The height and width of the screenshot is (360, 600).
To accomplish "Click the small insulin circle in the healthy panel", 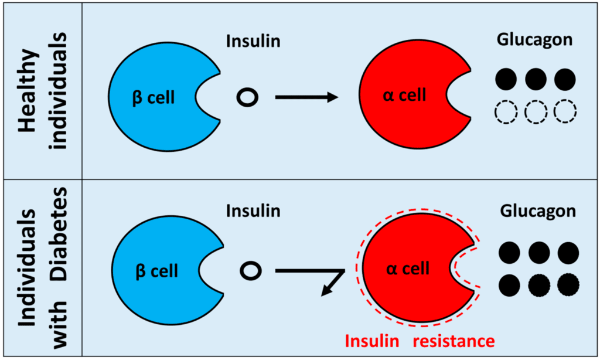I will point(247,97).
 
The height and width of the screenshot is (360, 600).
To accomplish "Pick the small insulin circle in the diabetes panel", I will point(250,271).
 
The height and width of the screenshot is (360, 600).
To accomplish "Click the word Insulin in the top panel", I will point(253,42).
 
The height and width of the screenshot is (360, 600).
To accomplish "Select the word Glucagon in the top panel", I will point(533,40).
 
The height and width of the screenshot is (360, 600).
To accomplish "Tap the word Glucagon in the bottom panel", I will point(538,210).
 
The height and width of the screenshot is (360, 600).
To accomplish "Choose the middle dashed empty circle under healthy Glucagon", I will point(536,111).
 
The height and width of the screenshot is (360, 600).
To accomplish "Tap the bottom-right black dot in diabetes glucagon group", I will point(567,285).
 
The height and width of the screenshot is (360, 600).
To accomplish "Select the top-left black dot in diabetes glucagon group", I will point(510,253).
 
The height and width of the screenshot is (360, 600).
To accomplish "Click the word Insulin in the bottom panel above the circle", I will point(253,210).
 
